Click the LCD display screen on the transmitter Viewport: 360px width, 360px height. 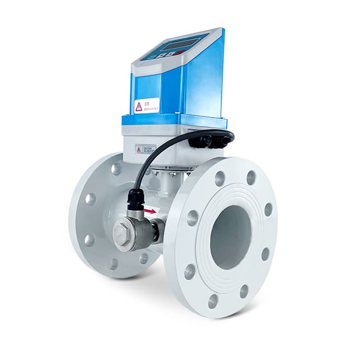coord(179,44)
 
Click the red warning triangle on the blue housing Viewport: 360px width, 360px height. coord(138,107)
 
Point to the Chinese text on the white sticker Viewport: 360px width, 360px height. coord(151,103)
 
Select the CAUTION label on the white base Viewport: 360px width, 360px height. coord(147,149)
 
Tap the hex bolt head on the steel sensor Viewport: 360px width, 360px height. coord(123,233)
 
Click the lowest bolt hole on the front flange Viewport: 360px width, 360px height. coord(213,301)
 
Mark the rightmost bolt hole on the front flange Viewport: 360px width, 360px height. coord(268,209)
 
